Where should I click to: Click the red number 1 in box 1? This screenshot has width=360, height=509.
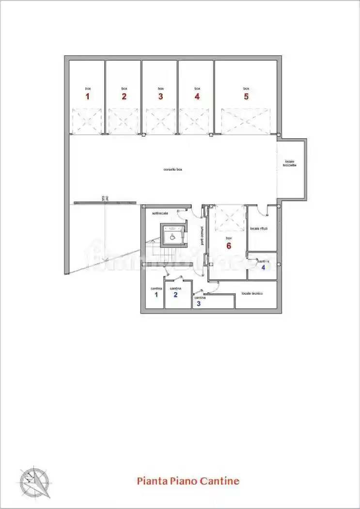point(88,96)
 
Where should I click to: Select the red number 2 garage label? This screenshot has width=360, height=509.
point(124,96)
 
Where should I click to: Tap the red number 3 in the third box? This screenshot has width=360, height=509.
point(160,96)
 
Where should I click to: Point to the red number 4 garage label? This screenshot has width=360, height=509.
point(197,96)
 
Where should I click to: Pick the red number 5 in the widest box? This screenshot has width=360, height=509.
point(246,96)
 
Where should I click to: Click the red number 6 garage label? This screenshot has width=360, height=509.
point(229,246)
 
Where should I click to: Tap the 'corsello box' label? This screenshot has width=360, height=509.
point(172,170)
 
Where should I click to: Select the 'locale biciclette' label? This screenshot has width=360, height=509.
point(290,163)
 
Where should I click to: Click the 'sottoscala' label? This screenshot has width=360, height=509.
point(159,213)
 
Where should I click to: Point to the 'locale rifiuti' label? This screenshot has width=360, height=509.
point(259,228)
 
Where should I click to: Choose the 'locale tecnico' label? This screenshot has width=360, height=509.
point(252,294)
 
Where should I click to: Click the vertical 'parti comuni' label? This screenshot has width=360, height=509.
point(203,236)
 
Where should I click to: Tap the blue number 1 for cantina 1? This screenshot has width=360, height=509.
point(156,294)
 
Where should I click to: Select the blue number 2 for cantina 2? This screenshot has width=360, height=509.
point(175,294)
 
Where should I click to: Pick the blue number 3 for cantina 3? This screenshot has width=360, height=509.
point(198,304)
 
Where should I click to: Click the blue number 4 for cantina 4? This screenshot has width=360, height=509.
point(263,267)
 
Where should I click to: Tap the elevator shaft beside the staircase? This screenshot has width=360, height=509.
point(173,236)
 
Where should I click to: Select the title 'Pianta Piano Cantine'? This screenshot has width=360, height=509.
point(188,481)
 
